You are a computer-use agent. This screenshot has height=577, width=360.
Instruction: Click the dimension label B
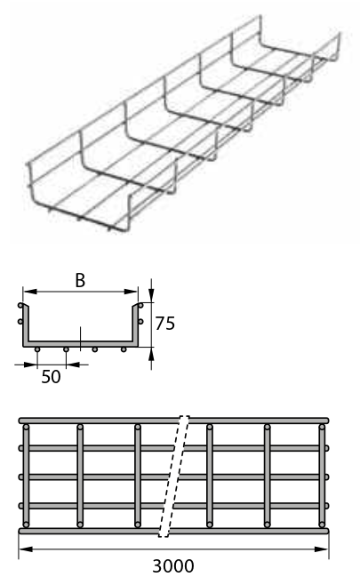pos(80,280)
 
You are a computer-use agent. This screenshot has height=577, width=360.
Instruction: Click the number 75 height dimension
pos(164,324)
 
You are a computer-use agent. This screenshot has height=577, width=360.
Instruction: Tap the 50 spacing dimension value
pos(51,377)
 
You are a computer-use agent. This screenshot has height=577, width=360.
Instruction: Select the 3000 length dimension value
pos(173,565)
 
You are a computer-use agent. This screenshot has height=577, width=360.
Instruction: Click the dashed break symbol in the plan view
pos(173,477)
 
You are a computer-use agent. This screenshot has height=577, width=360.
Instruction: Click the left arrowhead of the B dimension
pos(30,292)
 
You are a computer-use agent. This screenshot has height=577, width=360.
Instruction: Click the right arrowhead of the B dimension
pos(131,292)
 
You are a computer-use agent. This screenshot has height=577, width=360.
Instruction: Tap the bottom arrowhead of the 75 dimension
pos(151,354)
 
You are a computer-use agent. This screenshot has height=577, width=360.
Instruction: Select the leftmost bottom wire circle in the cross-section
pos(37,349)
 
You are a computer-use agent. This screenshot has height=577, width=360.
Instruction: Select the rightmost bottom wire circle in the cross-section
pos(124,349)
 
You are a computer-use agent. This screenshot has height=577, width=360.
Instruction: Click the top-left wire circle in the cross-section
pos(20,306)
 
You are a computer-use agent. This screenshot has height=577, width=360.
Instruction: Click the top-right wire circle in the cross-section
pos(140,306)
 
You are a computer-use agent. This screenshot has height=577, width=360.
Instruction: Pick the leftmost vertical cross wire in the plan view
pos(26,476)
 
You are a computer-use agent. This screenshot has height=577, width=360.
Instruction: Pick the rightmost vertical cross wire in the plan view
pos(322,476)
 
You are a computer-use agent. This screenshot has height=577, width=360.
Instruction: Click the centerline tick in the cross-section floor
pos(80,338)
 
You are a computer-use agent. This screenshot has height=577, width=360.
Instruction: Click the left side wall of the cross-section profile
pos(25,325)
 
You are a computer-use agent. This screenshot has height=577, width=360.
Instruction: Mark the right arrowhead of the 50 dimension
pos(73,365)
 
